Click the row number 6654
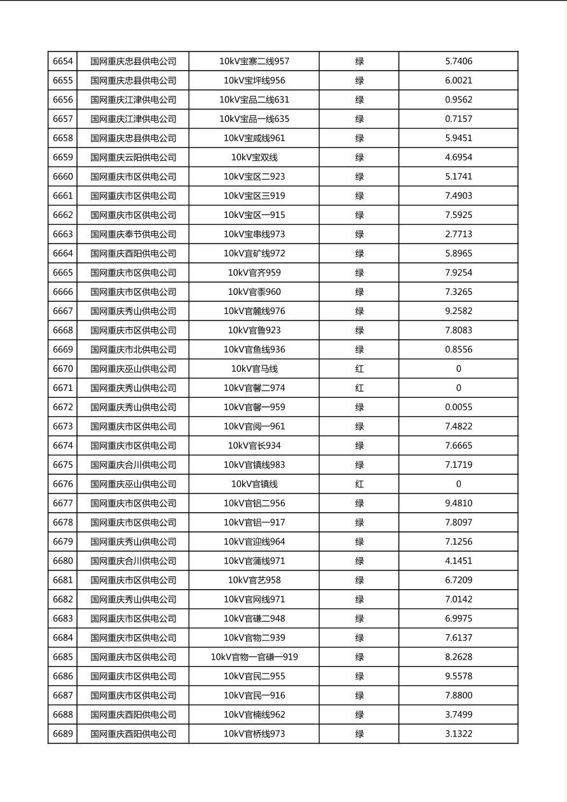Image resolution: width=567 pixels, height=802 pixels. [x=63, y=62]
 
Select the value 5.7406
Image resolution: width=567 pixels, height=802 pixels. [x=458, y=62]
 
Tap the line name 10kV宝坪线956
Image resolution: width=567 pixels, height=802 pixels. [x=254, y=81]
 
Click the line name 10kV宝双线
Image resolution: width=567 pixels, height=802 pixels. [x=254, y=158]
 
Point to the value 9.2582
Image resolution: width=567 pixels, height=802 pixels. [x=458, y=311]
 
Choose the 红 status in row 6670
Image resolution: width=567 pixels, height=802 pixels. [x=359, y=369]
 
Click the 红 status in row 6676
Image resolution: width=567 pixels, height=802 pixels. [x=359, y=484]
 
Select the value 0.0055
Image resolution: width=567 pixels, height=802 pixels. [x=458, y=407]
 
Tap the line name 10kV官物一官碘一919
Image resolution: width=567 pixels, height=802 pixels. [x=254, y=657]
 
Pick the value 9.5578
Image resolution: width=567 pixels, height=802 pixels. [x=458, y=676]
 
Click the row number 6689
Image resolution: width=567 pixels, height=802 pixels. [x=63, y=734]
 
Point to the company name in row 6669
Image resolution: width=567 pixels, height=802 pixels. [x=133, y=350]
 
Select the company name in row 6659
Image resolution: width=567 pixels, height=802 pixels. [x=133, y=158]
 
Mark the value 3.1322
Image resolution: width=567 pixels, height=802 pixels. [x=458, y=734]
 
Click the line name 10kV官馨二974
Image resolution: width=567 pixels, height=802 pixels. [x=254, y=388]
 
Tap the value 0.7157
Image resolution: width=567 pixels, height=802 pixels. [x=458, y=119]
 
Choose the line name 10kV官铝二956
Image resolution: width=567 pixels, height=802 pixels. [x=254, y=503]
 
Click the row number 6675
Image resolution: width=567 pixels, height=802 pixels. [x=63, y=465]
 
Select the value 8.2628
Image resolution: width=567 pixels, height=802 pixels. [x=458, y=657]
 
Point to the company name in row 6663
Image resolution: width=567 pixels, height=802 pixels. [x=133, y=234]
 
